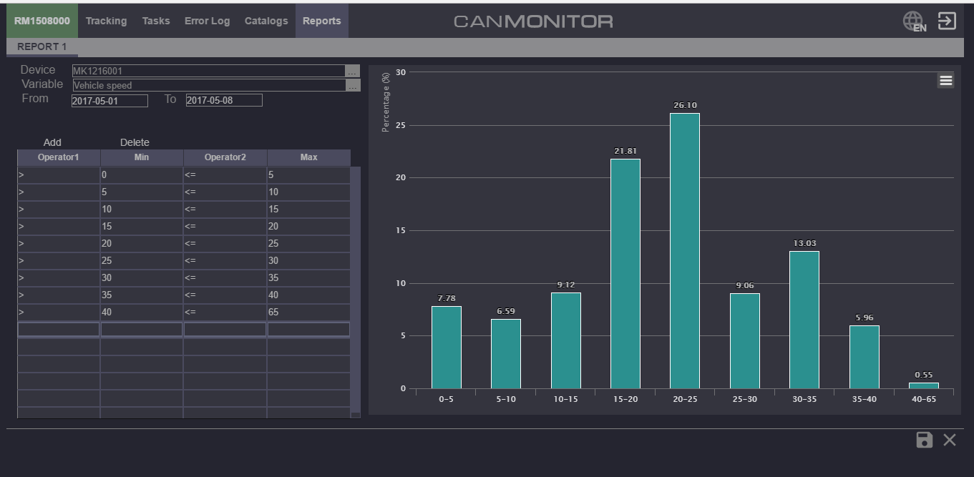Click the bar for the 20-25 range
pyautogui.click(x=684, y=250)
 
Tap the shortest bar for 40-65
pyautogui.click(x=923, y=385)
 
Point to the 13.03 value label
pyautogui.click(x=804, y=244)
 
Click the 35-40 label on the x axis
pyautogui.click(x=864, y=399)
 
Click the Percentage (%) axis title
pyautogui.click(x=386, y=102)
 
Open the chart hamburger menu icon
pyautogui.click(x=945, y=81)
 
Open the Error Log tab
pyautogui.click(x=207, y=21)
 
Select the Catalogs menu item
pyautogui.click(x=266, y=21)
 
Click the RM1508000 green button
pyautogui.click(x=42, y=21)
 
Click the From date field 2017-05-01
pyautogui.click(x=109, y=101)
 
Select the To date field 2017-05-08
pyautogui.click(x=223, y=100)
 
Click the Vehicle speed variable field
pyautogui.click(x=208, y=85)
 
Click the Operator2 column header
pyautogui.click(x=225, y=157)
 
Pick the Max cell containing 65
pyautogui.click(x=308, y=313)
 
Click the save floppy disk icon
pyautogui.click(x=924, y=440)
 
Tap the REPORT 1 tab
pyautogui.click(x=42, y=46)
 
